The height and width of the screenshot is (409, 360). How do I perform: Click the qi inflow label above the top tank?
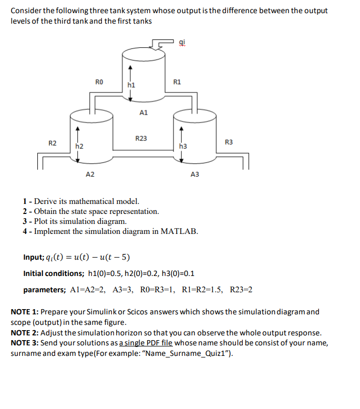(x=182, y=44)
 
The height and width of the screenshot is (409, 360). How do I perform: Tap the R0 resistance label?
(x=99, y=81)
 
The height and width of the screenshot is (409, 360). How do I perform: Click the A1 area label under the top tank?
(x=144, y=112)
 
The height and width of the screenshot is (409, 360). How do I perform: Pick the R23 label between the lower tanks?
(x=141, y=139)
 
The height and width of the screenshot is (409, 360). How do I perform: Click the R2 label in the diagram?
(x=53, y=143)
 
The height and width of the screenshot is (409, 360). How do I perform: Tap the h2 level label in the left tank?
(x=79, y=146)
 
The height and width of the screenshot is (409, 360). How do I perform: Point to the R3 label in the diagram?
(x=229, y=142)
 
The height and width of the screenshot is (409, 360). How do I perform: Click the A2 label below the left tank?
(x=90, y=174)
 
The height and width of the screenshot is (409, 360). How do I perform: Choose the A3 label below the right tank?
(x=195, y=174)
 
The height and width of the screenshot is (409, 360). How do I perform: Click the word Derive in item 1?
(x=46, y=201)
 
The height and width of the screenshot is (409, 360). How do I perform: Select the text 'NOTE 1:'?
(x=25, y=312)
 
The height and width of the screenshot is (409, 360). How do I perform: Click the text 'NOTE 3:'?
(x=25, y=343)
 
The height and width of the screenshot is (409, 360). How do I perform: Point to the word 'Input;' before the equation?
(x=35, y=258)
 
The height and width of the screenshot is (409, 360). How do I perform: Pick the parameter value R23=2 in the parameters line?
(x=241, y=290)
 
